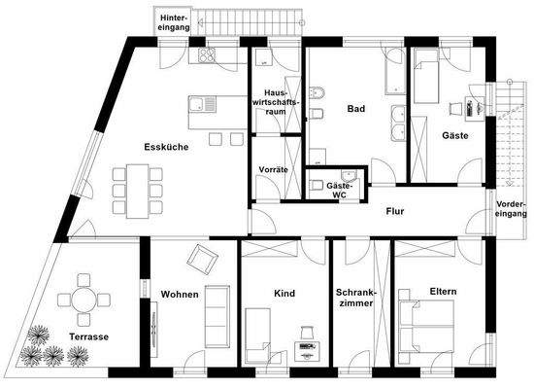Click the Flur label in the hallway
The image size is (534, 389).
(395, 211)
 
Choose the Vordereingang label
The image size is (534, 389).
(513, 211)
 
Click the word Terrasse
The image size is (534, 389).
(88, 336)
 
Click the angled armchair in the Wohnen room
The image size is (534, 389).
(202, 258)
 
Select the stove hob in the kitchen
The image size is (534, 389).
(208, 55)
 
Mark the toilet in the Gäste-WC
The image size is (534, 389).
(317, 185)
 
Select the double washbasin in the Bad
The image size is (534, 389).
(398, 124)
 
